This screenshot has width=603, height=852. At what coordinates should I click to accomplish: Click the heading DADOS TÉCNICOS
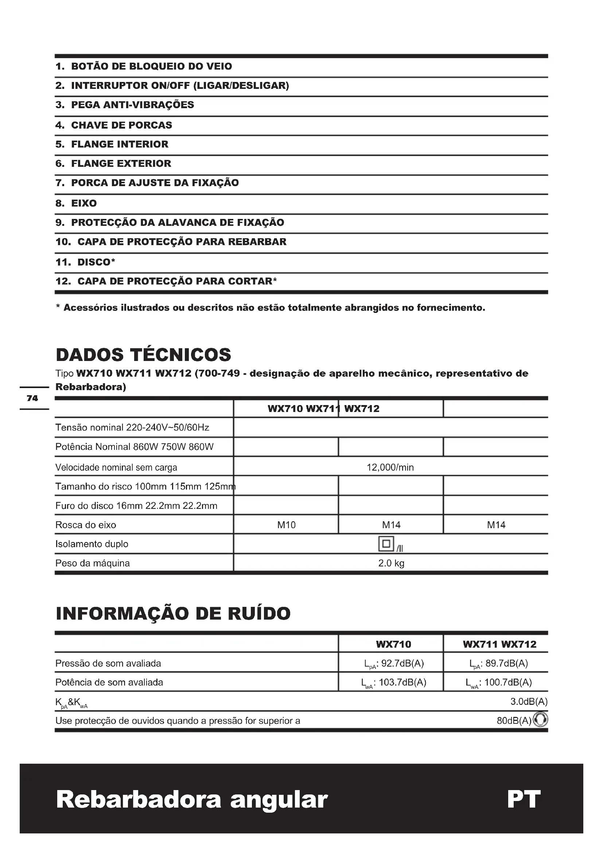[x=143, y=355]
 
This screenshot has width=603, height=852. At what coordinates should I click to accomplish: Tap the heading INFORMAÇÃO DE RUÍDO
[x=173, y=613]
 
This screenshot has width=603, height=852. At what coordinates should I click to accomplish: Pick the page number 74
[x=32, y=398]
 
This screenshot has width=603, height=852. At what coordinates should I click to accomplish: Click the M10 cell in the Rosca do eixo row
[x=286, y=525]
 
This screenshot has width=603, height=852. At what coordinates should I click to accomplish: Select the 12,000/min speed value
[x=390, y=467]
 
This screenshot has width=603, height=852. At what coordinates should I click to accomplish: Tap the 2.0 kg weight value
[x=391, y=563]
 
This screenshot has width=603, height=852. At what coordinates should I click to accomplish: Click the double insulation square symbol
[x=386, y=543]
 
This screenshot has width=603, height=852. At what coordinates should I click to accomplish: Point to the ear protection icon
[x=540, y=720]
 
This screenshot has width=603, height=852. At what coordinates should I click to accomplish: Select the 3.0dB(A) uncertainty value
[x=529, y=701]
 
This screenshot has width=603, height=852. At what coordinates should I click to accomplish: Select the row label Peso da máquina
[x=93, y=563]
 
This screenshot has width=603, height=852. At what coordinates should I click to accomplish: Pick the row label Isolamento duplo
[x=92, y=544]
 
